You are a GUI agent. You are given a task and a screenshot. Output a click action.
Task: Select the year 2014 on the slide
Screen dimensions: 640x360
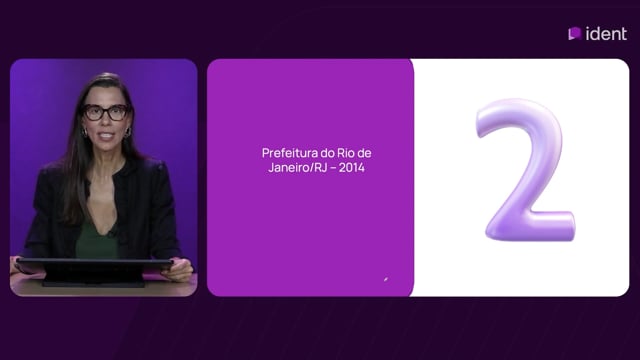tap(352, 167)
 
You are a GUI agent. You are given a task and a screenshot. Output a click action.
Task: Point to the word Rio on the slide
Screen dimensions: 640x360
tap(346, 153)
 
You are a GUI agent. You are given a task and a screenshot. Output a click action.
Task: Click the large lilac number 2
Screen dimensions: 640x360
tap(527, 169)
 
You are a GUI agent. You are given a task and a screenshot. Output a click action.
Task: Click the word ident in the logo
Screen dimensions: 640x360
tap(606, 34)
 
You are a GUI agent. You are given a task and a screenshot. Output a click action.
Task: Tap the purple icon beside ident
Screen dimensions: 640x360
tap(575, 33)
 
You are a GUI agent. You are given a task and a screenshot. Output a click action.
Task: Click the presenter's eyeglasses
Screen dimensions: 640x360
tap(106, 112)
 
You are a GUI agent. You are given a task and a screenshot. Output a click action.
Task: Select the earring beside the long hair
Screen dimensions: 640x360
tap(85, 133)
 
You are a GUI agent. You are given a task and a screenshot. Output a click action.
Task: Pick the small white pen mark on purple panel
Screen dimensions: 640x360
tap(386, 279)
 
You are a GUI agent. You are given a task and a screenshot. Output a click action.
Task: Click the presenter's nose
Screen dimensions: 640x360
tap(106, 121)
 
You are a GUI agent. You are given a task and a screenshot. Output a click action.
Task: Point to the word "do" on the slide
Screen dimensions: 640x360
tap(327, 153)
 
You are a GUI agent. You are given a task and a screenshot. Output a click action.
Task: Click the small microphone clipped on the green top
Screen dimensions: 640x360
tap(111, 234)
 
